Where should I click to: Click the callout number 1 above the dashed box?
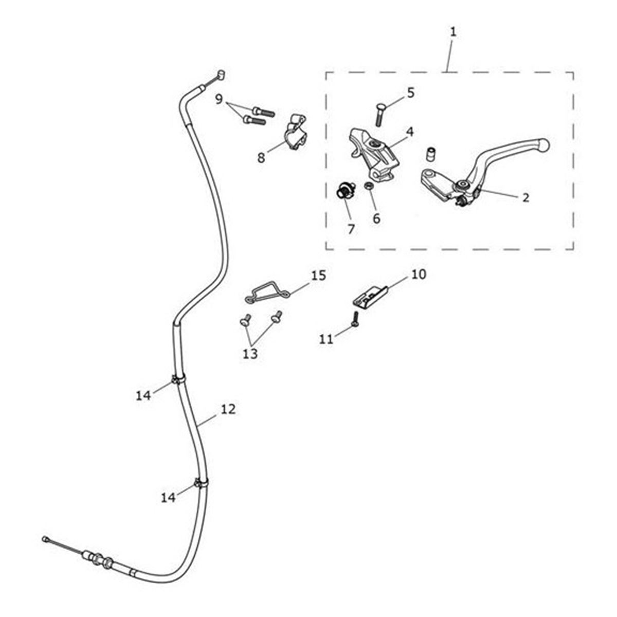point(452,32)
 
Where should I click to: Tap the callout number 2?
point(525,197)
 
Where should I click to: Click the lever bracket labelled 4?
point(371,154)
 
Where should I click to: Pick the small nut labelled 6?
point(369,186)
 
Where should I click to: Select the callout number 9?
point(220,99)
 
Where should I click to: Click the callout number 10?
point(419,275)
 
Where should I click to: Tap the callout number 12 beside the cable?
point(228,409)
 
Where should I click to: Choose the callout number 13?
point(250,354)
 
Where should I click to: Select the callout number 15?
point(318,276)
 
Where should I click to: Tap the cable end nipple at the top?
point(221,75)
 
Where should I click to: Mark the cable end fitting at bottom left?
point(46,539)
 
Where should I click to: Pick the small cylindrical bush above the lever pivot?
point(431,154)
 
